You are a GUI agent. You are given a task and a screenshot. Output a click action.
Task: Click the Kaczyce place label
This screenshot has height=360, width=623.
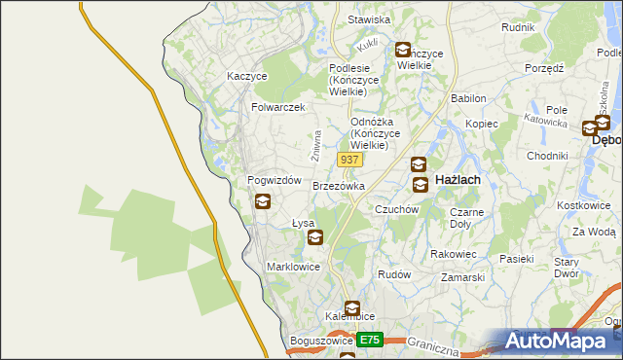[x=246, y=75]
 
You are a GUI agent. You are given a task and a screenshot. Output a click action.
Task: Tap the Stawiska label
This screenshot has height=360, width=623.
[x=369, y=19]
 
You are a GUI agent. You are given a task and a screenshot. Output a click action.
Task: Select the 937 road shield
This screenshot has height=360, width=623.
[x=350, y=159]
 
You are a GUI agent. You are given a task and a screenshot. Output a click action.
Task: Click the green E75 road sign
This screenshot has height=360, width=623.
[x=368, y=340]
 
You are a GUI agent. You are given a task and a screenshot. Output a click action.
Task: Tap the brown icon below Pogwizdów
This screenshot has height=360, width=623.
[x=263, y=202]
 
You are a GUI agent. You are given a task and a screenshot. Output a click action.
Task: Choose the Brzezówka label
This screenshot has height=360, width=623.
[x=339, y=185]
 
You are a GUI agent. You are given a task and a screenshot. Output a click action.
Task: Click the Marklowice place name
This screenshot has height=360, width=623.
[x=293, y=266]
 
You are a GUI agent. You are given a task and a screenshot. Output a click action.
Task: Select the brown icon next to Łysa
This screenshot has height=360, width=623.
[x=314, y=236]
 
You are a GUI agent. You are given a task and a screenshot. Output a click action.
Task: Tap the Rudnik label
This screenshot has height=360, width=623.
[x=518, y=27]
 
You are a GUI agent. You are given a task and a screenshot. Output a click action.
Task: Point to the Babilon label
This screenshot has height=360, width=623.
[x=468, y=99]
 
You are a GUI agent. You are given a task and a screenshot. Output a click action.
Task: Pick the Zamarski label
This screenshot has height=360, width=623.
[x=462, y=277]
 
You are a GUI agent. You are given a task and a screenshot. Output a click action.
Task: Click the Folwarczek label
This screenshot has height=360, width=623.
[x=278, y=107]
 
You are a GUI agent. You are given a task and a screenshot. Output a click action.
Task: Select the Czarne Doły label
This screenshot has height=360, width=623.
[x=467, y=218]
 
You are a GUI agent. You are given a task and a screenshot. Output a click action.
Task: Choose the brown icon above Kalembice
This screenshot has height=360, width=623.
[x=351, y=308]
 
